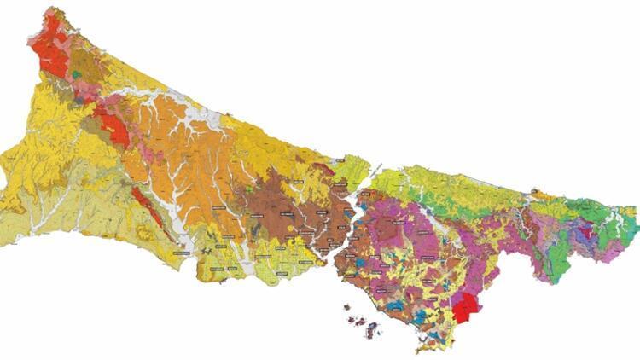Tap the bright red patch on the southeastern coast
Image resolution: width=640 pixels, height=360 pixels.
click(x=464, y=308)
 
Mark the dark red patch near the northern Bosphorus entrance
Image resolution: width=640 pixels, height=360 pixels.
click(x=323, y=167)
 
